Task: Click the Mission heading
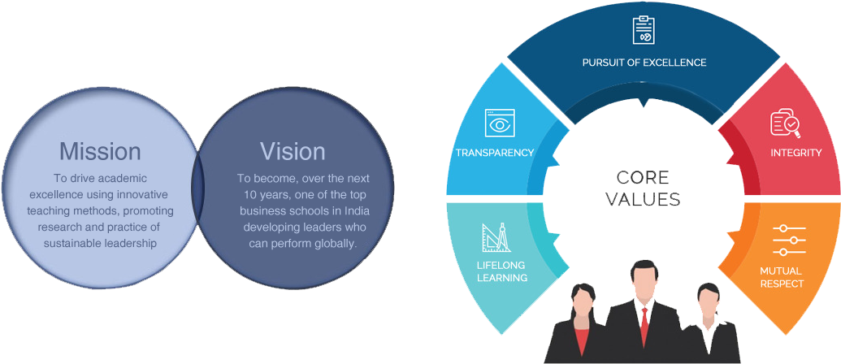100,151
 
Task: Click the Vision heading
293,151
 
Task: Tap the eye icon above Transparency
500,123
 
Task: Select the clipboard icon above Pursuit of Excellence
644,29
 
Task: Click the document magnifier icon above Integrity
785,123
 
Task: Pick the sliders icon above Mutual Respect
789,240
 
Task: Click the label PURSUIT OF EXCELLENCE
644,63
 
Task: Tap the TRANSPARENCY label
495,153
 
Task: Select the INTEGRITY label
796,153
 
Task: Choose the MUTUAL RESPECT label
782,277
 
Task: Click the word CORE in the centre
643,177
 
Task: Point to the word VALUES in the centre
643,199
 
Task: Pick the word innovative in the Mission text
146,194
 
